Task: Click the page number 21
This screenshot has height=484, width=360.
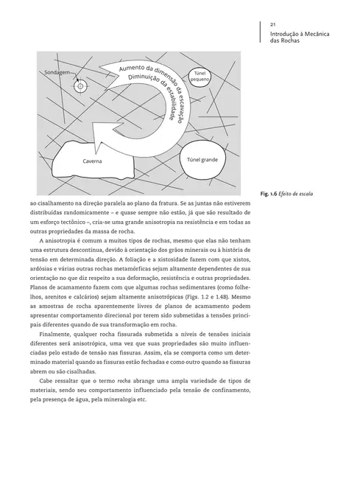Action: click(x=273, y=24)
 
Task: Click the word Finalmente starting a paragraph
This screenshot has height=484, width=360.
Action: click(x=58, y=332)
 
